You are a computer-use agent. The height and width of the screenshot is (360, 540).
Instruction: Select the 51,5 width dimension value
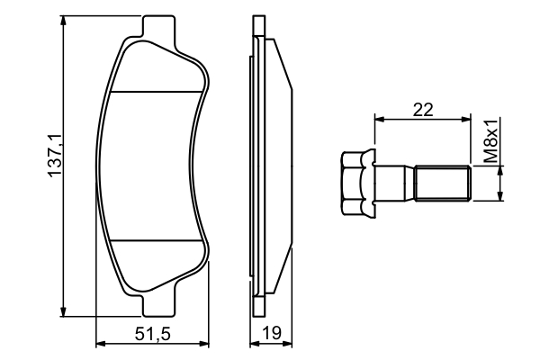tap(153, 334)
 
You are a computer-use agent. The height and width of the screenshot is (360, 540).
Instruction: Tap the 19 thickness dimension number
tap(272, 333)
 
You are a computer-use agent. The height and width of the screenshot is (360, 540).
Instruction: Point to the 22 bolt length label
tap(423, 110)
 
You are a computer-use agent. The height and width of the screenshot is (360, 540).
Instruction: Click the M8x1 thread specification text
tap(490, 141)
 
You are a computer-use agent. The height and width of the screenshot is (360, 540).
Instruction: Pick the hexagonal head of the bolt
tap(358, 184)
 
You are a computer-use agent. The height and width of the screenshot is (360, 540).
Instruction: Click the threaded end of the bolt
tap(443, 183)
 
